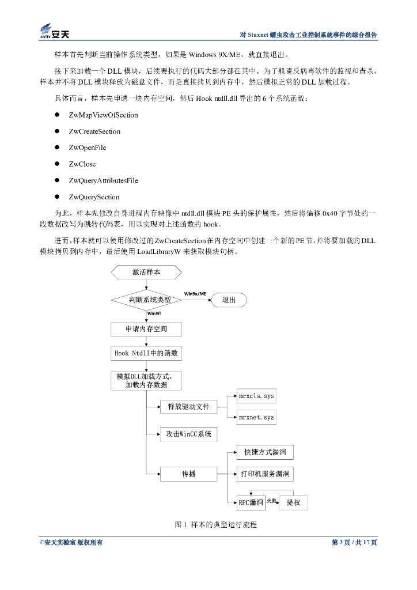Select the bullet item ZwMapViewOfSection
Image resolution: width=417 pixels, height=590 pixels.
point(103,115)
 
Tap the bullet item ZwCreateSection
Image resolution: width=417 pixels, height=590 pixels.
point(94,131)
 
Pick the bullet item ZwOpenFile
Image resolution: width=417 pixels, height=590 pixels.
point(87,147)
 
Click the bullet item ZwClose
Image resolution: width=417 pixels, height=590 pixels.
point(82,164)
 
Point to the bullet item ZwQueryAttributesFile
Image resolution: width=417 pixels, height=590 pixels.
point(103,180)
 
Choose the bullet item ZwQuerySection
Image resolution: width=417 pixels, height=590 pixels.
point(94,197)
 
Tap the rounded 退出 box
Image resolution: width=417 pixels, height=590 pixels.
point(229,300)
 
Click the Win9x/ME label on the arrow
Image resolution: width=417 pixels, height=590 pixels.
point(195,294)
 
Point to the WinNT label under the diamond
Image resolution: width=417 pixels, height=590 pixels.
point(154,313)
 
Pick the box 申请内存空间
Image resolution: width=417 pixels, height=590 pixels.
point(147,329)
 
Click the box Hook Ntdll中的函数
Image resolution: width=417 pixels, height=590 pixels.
point(147,353)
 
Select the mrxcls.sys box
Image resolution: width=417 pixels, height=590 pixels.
point(257,396)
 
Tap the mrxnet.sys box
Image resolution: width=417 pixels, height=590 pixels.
point(257,417)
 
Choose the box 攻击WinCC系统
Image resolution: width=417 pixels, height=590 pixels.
point(189,433)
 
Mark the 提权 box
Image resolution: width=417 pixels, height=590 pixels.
point(293,502)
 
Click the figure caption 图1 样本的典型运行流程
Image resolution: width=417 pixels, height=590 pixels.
point(215,525)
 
